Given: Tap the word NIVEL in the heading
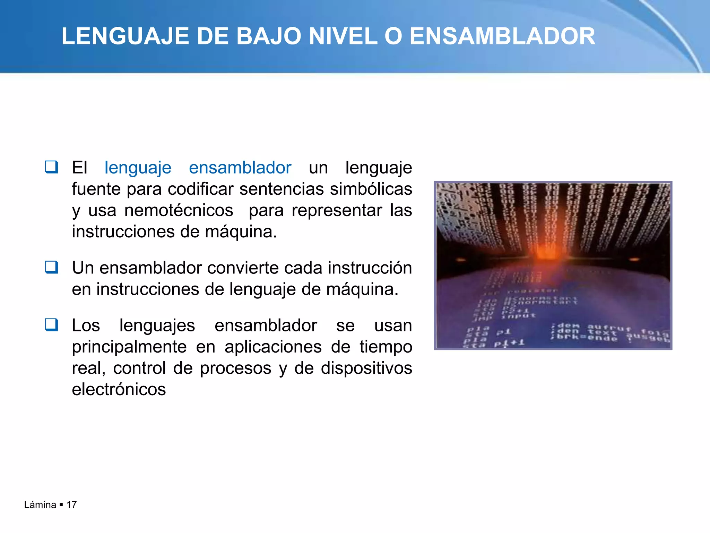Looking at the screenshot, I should pyautogui.click(x=343, y=36).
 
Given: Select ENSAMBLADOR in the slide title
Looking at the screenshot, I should pyautogui.click(x=502, y=36).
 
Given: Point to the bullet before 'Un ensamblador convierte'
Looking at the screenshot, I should pyautogui.click(x=51, y=267).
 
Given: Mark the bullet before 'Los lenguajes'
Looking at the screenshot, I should pyautogui.click(x=51, y=325).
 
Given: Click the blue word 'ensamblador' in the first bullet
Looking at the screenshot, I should pyautogui.click(x=240, y=168).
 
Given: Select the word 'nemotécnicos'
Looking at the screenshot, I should pyautogui.click(x=179, y=210).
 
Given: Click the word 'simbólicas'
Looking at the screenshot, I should pyautogui.click(x=371, y=189).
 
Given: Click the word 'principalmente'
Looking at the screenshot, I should pyautogui.click(x=129, y=347).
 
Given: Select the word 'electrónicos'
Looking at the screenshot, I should pyautogui.click(x=119, y=389).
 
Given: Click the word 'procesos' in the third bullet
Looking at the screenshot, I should pyautogui.click(x=235, y=368).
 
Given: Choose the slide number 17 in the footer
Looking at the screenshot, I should pyautogui.click(x=71, y=505).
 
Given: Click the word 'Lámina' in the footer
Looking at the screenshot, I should pyautogui.click(x=40, y=505).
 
